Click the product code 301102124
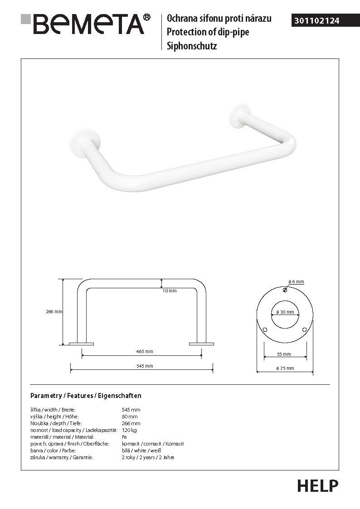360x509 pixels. click(x=317, y=21)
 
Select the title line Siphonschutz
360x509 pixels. click(x=192, y=46)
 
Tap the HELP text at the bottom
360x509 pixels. click(x=318, y=486)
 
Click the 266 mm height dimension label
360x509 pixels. click(x=54, y=312)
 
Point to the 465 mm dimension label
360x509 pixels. click(x=145, y=351)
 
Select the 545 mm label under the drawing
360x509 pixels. click(x=145, y=366)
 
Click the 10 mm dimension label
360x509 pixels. click(x=170, y=291)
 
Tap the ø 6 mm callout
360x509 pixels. click(x=296, y=282)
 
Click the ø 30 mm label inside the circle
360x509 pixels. click(x=285, y=312)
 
